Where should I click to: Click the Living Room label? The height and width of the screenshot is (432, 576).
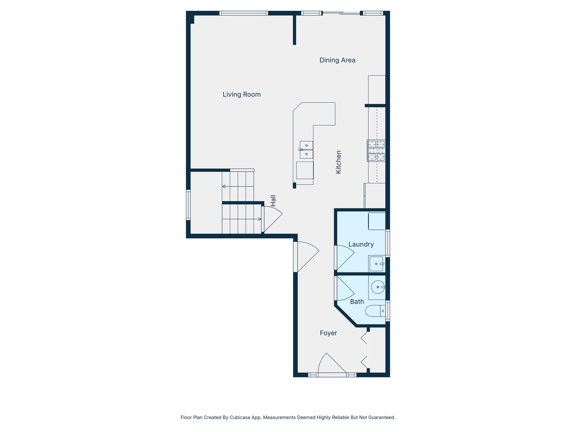tap(242, 94)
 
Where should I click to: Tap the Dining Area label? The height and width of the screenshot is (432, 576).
tap(337, 60)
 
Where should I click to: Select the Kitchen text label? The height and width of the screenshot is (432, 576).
tap(339, 162)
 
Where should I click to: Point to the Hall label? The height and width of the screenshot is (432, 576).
tap(273, 201)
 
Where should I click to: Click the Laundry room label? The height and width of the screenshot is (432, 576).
tap(361, 244)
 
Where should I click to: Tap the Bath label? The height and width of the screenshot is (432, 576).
tap(357, 302)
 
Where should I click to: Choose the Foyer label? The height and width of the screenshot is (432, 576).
tap(328, 333)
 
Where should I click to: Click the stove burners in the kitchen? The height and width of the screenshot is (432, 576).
tap(376, 151)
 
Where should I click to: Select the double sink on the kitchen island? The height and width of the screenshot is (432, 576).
tap(306, 150)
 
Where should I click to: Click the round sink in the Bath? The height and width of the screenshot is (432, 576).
tap(378, 287)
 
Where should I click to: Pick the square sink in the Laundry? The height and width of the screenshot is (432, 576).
tap(376, 264)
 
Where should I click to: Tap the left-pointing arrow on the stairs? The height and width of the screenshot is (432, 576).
tap(224, 186)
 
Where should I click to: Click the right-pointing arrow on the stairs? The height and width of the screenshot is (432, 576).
tap(260, 219)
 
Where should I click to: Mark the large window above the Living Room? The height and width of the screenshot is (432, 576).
tap(243, 13)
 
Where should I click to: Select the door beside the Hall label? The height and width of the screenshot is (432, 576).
tap(272, 219)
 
